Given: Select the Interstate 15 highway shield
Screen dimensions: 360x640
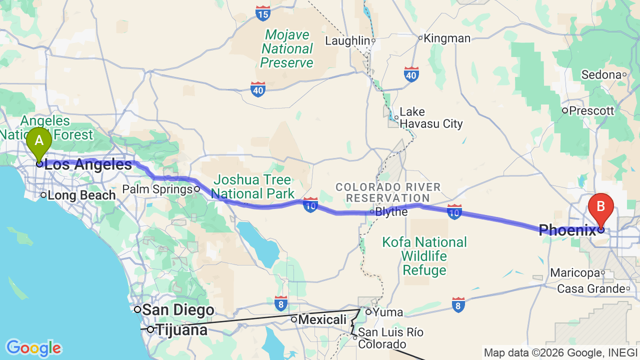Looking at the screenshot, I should (x=263, y=13).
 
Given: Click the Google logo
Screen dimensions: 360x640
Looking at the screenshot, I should (x=33, y=348).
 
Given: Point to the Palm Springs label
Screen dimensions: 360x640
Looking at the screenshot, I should (x=158, y=189).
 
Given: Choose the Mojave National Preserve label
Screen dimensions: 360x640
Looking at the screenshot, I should (x=286, y=49).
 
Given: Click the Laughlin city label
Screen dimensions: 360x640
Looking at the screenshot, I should (x=347, y=40).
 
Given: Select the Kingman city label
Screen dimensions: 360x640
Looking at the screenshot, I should (x=447, y=38).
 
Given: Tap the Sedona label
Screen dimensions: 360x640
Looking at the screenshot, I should (x=601, y=75).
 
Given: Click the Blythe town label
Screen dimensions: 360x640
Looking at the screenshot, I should (x=391, y=212).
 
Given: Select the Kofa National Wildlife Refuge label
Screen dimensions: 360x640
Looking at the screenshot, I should (x=424, y=256).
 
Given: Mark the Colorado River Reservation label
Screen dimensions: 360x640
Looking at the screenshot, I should (x=388, y=192).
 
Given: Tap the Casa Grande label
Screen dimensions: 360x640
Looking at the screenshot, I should (x=591, y=289).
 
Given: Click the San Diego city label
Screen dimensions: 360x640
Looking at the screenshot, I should (x=178, y=310).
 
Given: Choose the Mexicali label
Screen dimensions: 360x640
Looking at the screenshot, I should (x=322, y=319).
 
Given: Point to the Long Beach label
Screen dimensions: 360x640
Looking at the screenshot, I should (x=81, y=195).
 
